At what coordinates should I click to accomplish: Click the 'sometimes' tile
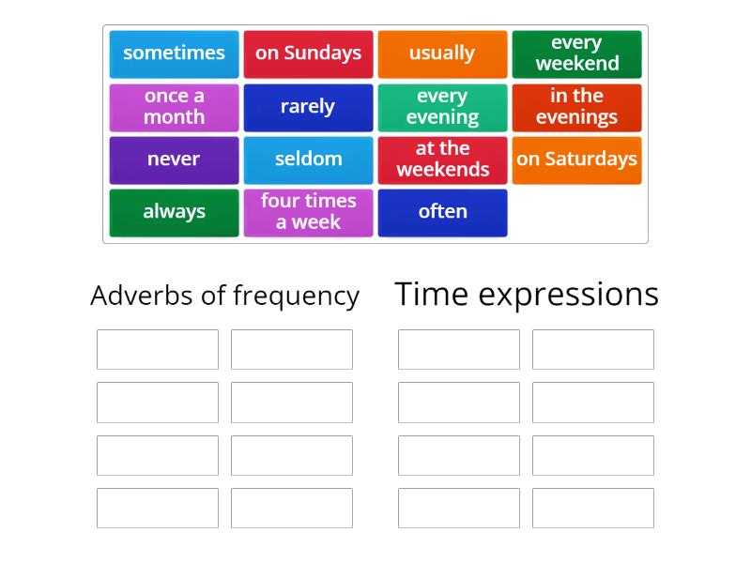coord(174,53)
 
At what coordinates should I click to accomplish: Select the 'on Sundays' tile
coord(308,53)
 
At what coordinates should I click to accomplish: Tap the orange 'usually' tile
coord(442,53)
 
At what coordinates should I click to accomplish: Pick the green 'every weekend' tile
coord(576,53)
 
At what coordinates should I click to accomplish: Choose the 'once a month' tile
coord(174,107)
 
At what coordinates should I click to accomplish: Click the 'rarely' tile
coord(308,107)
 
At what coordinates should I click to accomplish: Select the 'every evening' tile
coord(442,107)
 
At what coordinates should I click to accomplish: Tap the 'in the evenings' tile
coord(576,107)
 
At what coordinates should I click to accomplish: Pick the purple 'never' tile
coord(174,160)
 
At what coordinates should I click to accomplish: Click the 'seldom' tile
coord(308,160)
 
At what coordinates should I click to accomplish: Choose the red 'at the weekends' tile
coord(442,160)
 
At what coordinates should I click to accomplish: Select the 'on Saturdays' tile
coord(576,160)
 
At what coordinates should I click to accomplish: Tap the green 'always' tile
coord(174,212)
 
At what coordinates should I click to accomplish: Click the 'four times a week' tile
coord(308,212)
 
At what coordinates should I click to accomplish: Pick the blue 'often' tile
coord(442,212)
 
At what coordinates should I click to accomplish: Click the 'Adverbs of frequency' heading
coord(224,296)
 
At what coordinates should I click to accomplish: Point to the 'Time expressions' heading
coord(527,294)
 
